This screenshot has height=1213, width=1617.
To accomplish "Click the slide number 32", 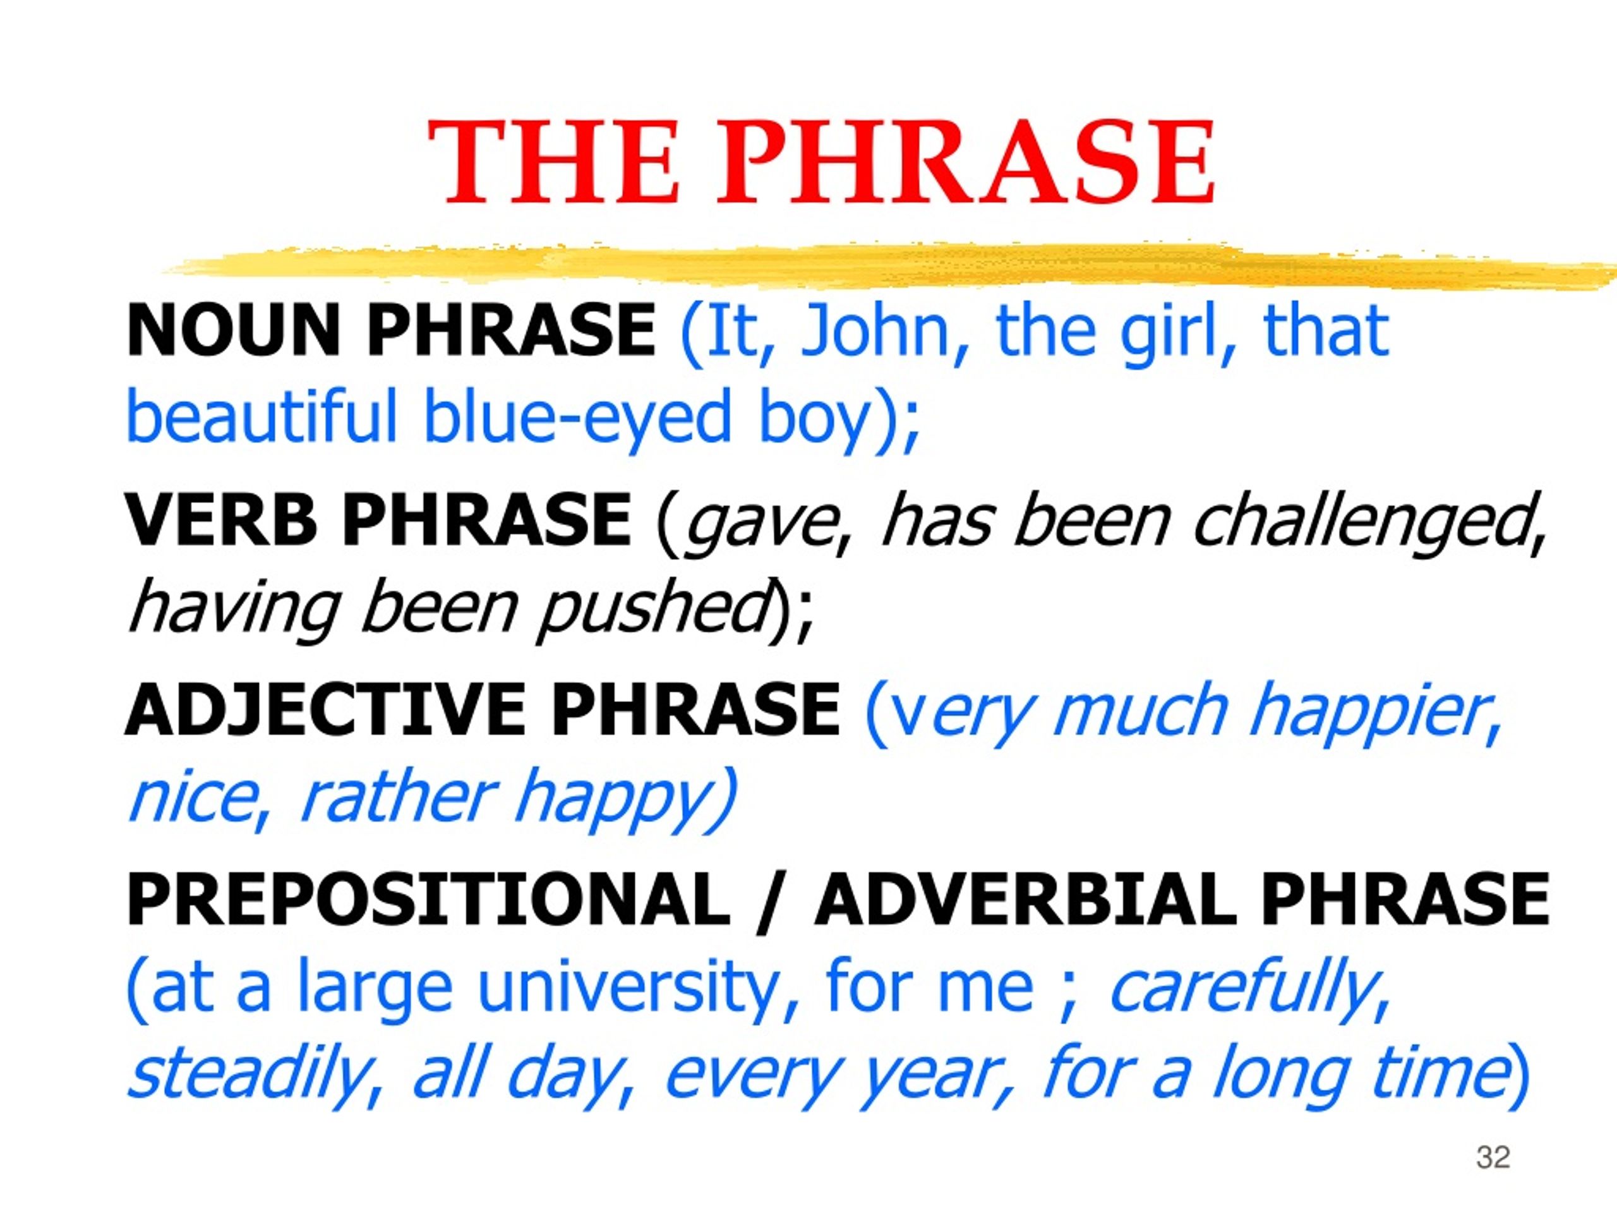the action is tap(1493, 1157).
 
